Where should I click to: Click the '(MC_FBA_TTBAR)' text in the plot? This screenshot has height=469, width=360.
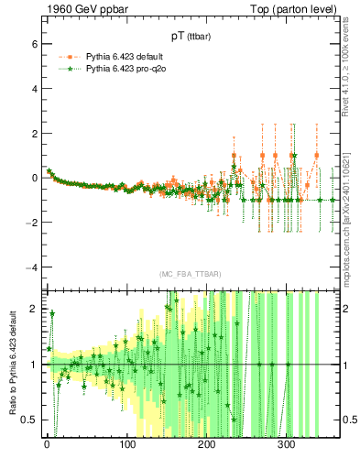tap(190, 275)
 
